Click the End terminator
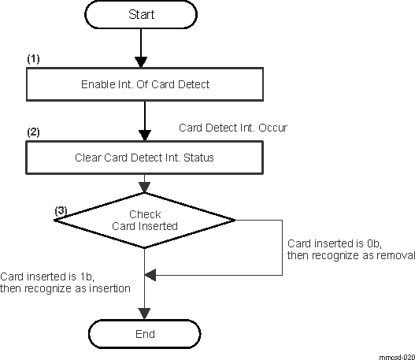[145, 334]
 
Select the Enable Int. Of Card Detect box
[145, 82]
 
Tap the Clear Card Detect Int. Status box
[145, 157]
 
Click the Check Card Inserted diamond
[145, 220]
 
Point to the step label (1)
[33, 59]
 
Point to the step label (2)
[33, 133]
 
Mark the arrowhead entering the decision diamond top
[145, 187]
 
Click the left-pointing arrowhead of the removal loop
[151, 275]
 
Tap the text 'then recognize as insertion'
[65, 289]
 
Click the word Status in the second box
[198, 157]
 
